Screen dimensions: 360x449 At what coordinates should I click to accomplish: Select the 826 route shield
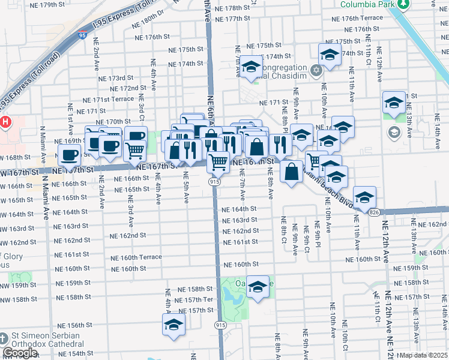pos(374,212)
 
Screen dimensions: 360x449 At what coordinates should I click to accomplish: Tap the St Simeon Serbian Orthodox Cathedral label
pos(45,339)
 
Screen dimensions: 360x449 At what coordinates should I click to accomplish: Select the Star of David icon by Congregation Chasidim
pos(317,71)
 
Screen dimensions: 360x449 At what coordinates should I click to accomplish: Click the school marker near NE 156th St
pos(173,325)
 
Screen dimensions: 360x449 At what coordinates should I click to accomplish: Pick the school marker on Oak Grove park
pos(258,287)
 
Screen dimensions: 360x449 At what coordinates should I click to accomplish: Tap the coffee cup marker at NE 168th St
pos(69,155)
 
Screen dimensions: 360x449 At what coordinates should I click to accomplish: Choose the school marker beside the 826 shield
pos(364,197)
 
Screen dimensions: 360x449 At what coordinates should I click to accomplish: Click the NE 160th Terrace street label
pos(136,257)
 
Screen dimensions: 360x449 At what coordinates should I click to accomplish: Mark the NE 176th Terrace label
pos(363,18)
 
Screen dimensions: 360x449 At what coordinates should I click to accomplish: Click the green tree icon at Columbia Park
pos(404,5)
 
